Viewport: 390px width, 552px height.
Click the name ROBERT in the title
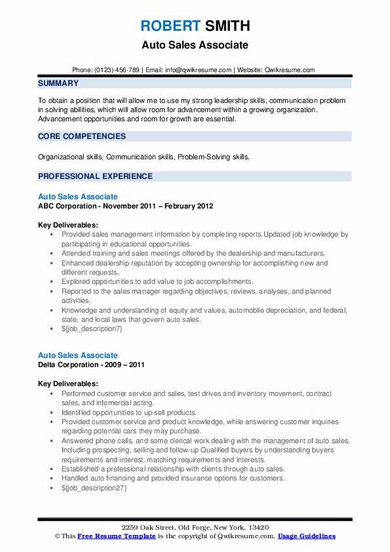[169, 26]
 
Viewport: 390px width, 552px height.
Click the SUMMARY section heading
[58, 83]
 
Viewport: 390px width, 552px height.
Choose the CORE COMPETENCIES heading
[82, 136]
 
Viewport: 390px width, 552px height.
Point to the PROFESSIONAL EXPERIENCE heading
[95, 176]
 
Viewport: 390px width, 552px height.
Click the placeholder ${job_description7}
[91, 328]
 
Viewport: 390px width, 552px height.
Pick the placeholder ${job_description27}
[93, 488]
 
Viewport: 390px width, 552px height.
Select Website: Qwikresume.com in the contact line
[276, 69]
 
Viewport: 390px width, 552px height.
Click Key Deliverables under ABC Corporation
[68, 224]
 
